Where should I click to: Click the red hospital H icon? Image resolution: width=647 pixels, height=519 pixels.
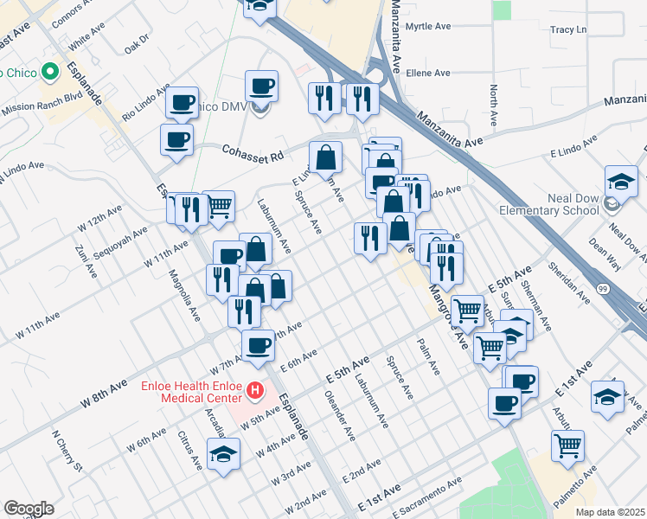click(255, 391)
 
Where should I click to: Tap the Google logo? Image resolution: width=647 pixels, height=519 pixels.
click(29, 508)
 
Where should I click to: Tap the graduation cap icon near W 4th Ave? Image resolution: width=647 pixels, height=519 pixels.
click(224, 453)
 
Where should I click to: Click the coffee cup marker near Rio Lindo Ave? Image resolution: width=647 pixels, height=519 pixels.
click(183, 102)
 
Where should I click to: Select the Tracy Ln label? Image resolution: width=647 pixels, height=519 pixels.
click(567, 29)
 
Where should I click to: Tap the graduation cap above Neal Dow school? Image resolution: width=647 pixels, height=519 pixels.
click(621, 181)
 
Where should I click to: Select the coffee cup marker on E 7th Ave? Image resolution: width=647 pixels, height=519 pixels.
click(258, 345)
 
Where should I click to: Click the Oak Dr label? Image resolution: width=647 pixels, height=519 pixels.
click(137, 41)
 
